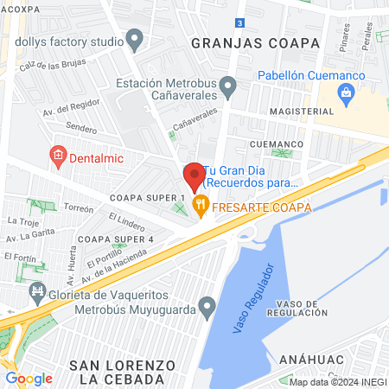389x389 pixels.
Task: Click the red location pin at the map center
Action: pos(194,175)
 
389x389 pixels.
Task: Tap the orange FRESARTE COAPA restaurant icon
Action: pos(201,206)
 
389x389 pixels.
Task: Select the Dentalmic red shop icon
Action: pos(59,156)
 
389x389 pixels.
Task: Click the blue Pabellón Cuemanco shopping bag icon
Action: pos(348,99)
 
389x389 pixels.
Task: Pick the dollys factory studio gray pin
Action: pos(134,39)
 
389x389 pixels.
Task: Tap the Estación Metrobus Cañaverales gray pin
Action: pos(227,86)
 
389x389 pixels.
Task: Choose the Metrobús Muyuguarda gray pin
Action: pos(207,306)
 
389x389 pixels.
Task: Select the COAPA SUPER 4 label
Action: pos(115,239)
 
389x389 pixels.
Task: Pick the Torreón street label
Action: pos(78,208)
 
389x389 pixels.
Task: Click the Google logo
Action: pos(29,378)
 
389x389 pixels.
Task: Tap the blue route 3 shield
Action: pos(239,22)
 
